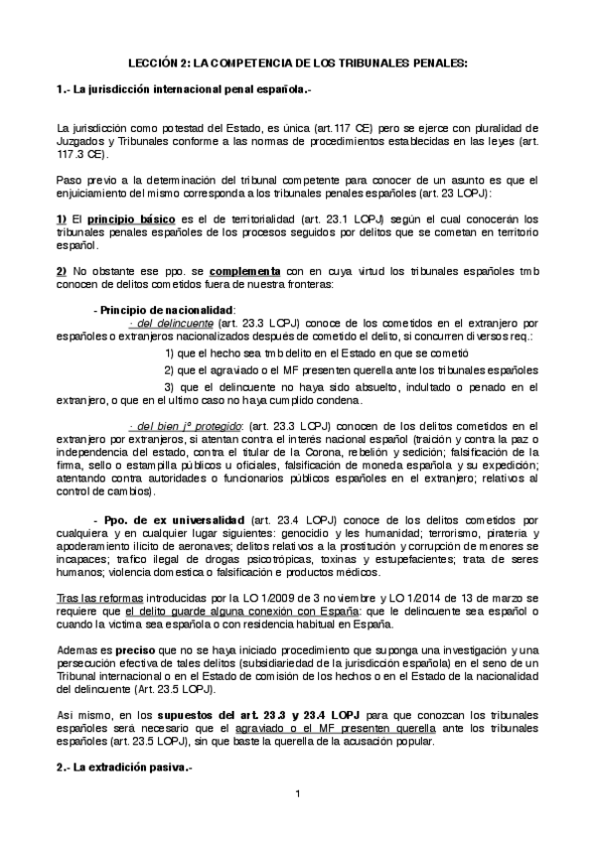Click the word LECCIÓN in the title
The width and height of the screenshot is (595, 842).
pyautogui.click(x=152, y=62)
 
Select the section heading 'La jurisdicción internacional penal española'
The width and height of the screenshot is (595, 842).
pyautogui.click(x=195, y=90)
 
